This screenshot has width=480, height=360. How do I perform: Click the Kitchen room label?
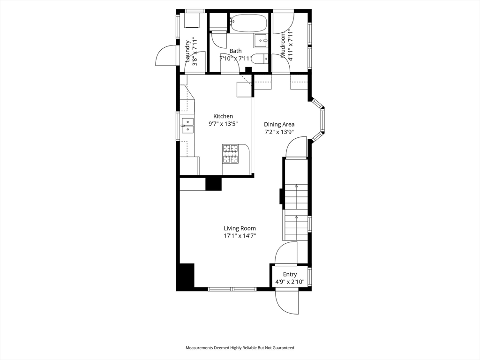pos(223,116)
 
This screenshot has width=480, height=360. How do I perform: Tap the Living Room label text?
pos(240,228)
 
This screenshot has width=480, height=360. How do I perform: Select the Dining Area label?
pos(279,124)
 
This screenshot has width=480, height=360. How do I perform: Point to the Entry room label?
pos(290,274)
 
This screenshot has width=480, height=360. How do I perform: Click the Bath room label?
pos(235,51)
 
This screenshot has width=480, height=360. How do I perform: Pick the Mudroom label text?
pos(283,45)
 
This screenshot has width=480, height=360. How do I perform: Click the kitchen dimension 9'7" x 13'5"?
pos(223,124)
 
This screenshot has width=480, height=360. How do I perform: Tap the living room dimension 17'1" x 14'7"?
pos(240,236)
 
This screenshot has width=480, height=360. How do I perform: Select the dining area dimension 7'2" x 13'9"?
pos(279,132)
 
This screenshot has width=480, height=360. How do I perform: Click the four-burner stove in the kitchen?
pos(231,153)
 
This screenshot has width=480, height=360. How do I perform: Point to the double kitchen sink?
pos(187,126)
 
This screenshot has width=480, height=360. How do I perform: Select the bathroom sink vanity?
pos(261,40)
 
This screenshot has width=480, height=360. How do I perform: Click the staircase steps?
pos(296,212)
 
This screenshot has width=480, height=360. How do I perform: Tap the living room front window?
pos(232,289)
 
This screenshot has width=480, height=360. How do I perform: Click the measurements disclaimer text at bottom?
pos(240,348)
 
